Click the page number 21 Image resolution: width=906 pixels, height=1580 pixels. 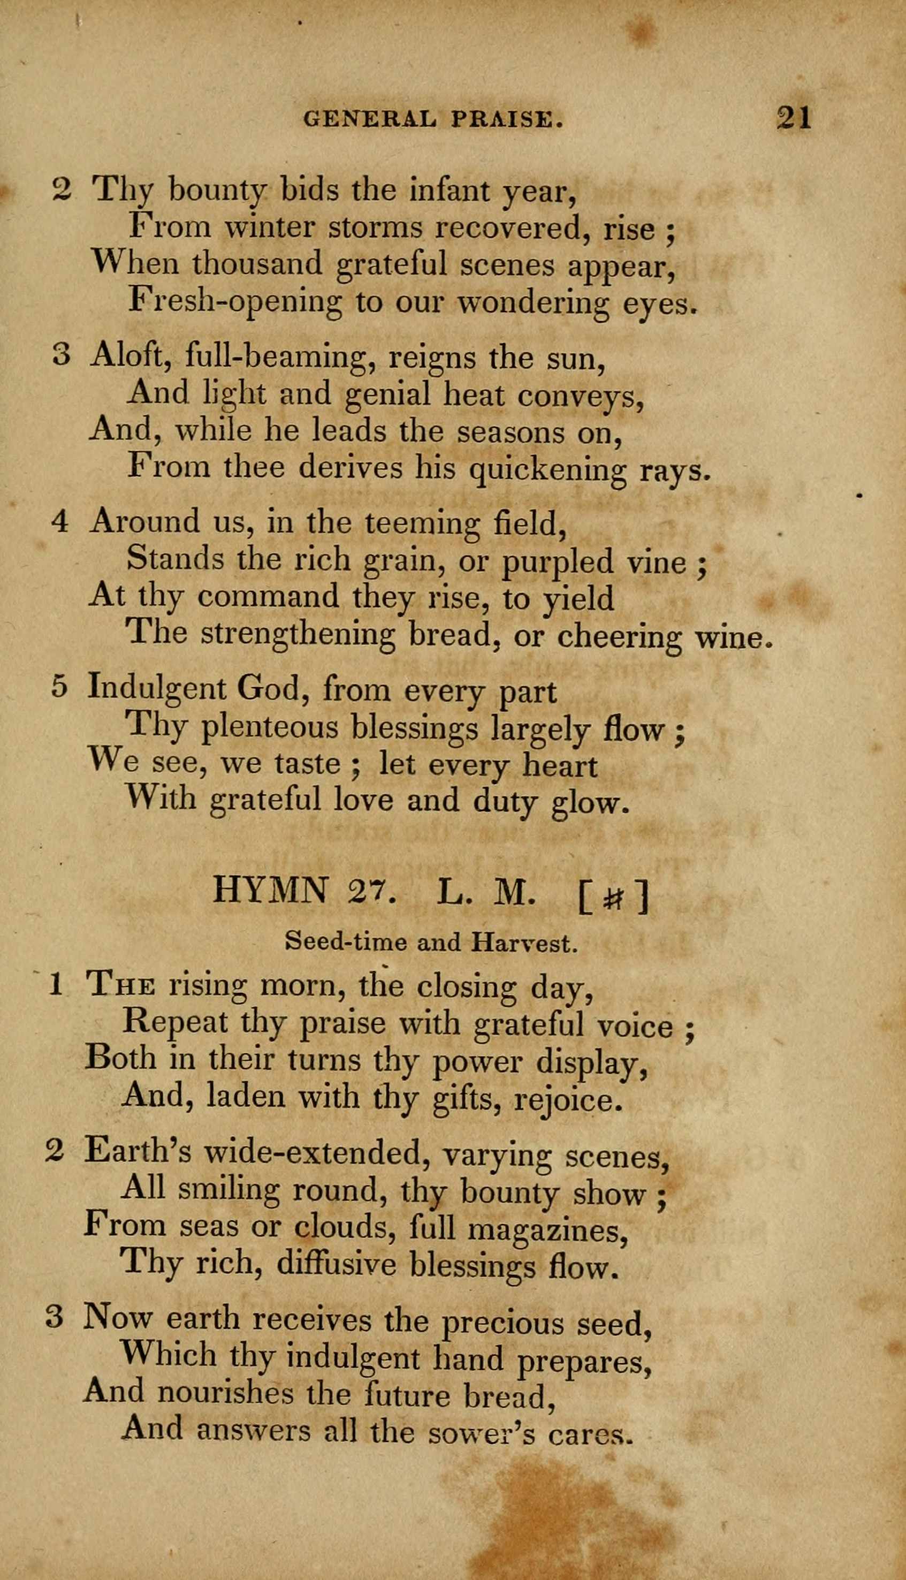pyautogui.click(x=795, y=117)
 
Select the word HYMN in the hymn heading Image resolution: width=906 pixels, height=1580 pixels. pyautogui.click(x=270, y=891)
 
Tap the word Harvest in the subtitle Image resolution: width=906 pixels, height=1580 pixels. pyautogui.click(x=524, y=944)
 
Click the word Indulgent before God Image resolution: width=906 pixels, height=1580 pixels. pyautogui.click(x=158, y=689)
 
